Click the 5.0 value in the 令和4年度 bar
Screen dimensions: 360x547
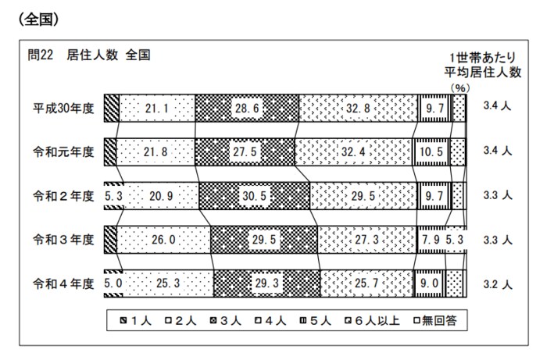click(x=113, y=281)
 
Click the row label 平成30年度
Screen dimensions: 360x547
click(x=62, y=107)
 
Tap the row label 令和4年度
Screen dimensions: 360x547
click(x=62, y=281)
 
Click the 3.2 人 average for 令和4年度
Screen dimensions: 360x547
click(x=496, y=281)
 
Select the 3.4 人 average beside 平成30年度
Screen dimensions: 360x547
click(x=496, y=107)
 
